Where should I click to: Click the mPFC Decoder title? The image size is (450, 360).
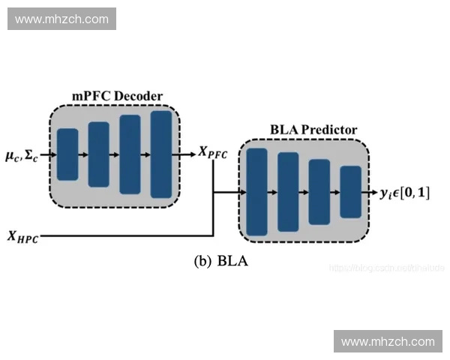117,96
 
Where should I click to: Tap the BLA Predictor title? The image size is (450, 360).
313,130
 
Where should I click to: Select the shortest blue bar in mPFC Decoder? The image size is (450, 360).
67,154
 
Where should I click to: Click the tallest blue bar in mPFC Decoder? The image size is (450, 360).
161,154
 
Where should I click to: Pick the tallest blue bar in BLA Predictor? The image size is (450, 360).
257,192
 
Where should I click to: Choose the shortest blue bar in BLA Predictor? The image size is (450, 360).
351,192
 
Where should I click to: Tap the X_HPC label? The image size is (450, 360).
22,238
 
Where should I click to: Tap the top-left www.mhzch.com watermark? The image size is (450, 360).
62,19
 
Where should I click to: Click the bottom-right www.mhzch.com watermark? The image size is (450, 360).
388,341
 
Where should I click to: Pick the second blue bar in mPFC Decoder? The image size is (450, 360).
99,154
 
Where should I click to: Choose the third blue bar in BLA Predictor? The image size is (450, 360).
319,192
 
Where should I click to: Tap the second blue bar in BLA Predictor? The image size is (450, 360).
288,192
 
